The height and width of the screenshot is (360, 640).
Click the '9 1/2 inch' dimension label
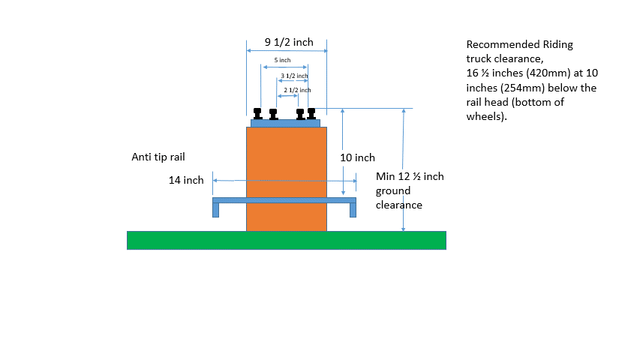click(289, 42)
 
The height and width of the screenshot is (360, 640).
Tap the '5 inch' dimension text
click(281, 60)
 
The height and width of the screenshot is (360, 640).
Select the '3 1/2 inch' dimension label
click(294, 76)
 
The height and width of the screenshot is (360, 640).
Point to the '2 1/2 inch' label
click(297, 90)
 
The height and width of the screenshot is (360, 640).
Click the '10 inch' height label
click(357, 158)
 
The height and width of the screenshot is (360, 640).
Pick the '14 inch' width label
click(186, 180)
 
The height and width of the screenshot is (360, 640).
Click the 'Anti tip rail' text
click(158, 157)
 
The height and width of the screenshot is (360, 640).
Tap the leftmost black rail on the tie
click(257, 113)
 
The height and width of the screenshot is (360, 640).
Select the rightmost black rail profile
click(311, 113)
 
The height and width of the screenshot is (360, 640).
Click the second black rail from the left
click(273, 114)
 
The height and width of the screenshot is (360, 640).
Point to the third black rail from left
click(300, 114)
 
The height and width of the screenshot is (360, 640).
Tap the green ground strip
click(287, 240)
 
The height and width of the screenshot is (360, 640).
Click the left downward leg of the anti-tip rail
click(216, 209)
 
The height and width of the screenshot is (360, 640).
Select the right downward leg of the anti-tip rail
click(353, 209)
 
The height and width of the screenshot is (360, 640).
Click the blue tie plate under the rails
click(286, 123)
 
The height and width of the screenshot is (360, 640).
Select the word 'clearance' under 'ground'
click(399, 205)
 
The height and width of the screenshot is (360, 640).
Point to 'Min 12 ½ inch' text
click(410, 177)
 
